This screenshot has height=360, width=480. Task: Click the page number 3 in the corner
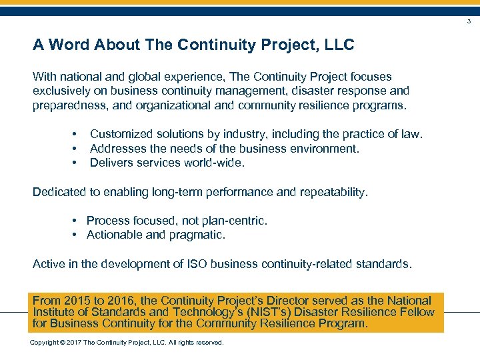[469, 22]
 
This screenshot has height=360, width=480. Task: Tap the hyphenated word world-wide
[215, 163]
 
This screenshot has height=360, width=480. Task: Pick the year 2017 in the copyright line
[72, 343]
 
